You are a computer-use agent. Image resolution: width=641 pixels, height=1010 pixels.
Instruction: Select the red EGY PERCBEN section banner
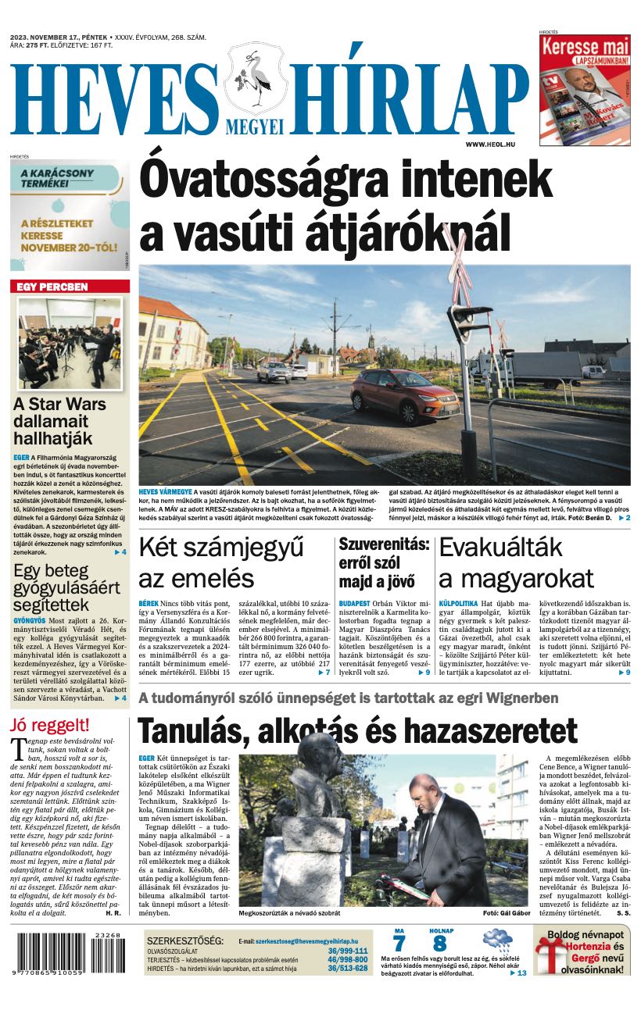70,287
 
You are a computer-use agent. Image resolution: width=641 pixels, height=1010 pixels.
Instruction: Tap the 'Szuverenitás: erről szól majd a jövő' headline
383,562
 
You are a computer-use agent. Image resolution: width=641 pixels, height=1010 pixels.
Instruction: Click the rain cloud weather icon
497,940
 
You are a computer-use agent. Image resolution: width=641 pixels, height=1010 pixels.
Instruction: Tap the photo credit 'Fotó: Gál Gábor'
507,913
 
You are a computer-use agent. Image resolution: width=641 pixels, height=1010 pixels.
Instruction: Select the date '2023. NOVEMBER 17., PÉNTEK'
59,37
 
